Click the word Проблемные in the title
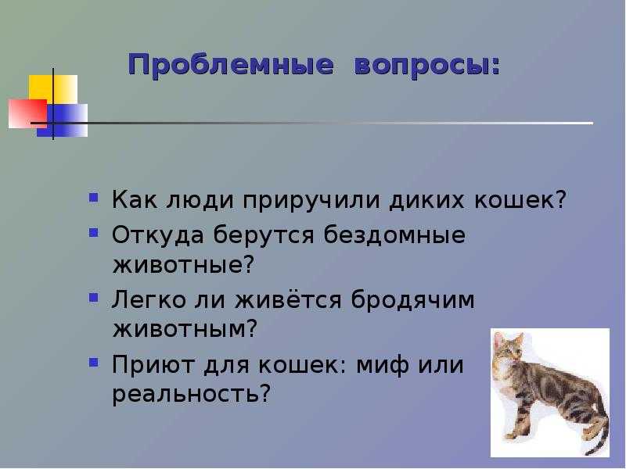click(231, 66)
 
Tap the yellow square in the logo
click(52, 90)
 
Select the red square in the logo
click(27, 113)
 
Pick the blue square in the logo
click(63, 120)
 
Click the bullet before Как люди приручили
click(94, 198)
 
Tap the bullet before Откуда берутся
click(94, 231)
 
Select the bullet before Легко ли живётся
click(94, 297)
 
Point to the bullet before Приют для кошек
click(94, 362)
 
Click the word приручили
click(311, 201)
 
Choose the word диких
click(426, 199)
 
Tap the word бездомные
click(394, 234)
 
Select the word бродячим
click(413, 300)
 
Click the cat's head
click(508, 347)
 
